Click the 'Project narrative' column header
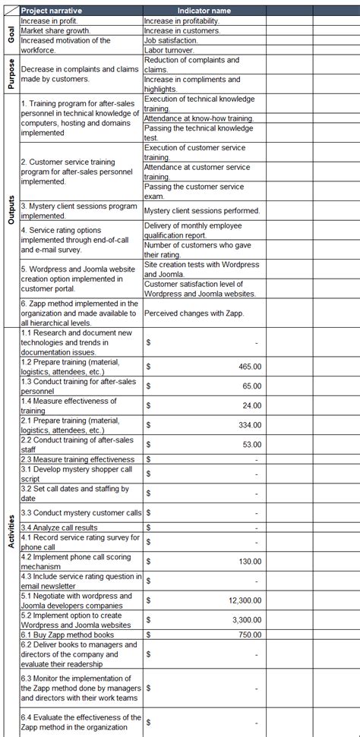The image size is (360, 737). pos(52,11)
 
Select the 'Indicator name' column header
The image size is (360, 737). pos(204,11)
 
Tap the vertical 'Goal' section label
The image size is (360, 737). pos(11,35)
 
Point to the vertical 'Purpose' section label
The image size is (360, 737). pos(11,74)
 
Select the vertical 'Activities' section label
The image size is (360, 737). pos(11,531)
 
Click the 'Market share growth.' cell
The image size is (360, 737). pos(57,30)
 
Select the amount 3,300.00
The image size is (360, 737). pos(244,620)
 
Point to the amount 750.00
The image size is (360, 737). pos(249,635)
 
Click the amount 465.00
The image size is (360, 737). pos(249,366)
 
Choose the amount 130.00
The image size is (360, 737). pos(249,561)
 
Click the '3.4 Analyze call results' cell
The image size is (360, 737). pos(59,528)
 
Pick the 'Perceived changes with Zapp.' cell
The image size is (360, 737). pos(191,313)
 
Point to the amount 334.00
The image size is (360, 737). pos(249,425)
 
